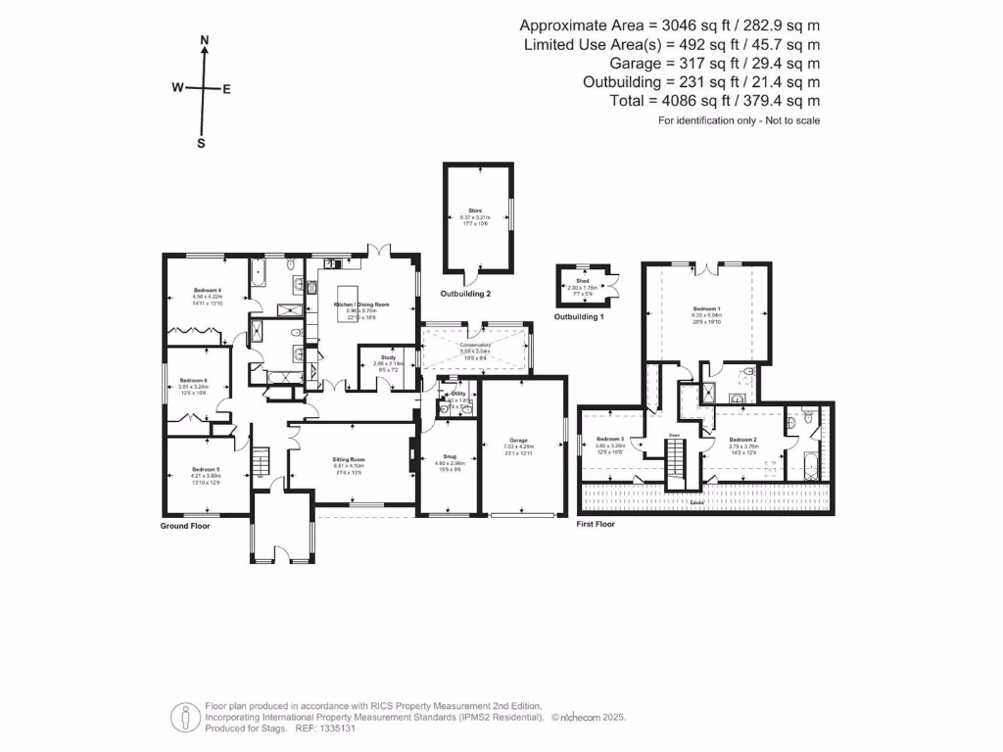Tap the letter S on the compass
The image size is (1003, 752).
pos(202,142)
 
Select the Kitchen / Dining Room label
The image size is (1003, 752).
pos(361,305)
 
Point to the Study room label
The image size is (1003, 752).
pos(376,358)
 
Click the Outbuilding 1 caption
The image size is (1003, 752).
pos(580,317)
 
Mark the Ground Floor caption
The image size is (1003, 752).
pos(185,526)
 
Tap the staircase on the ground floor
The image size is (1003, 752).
pos(261,458)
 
